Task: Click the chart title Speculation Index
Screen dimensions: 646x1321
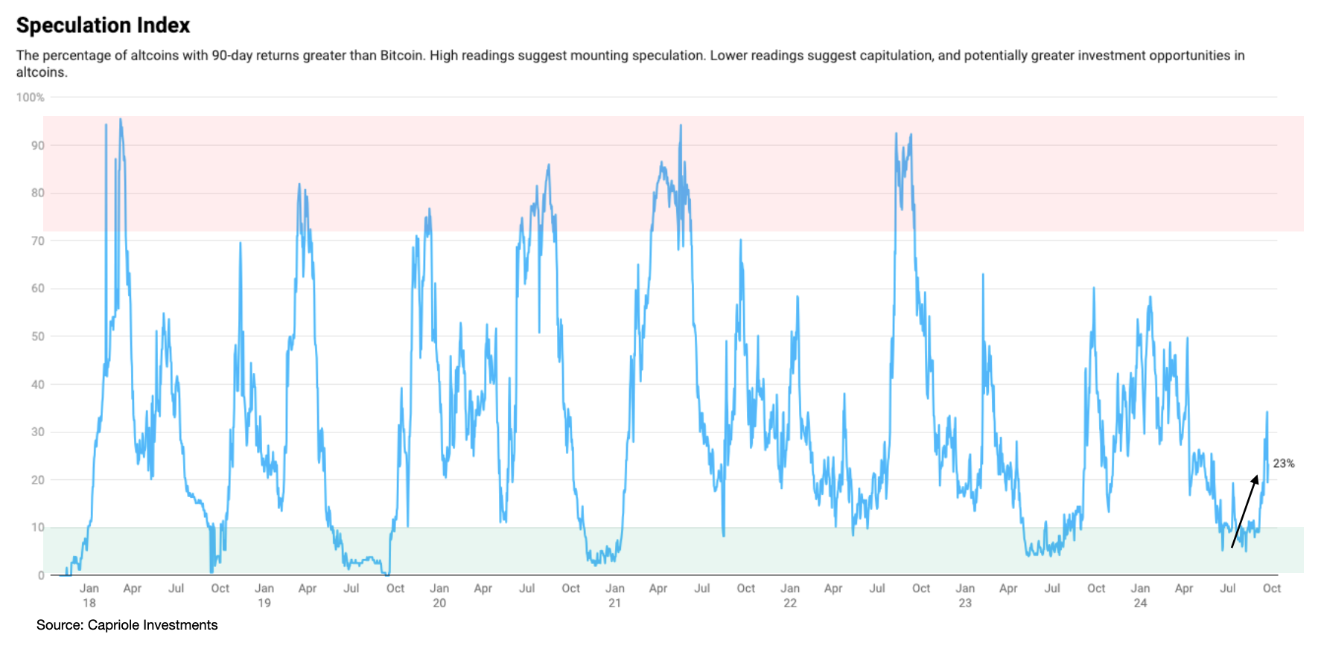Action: (x=103, y=25)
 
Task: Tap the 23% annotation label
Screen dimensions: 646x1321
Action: (x=1283, y=464)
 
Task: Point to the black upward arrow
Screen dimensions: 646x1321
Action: (x=1244, y=511)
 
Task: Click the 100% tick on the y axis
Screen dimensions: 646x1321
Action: (x=31, y=97)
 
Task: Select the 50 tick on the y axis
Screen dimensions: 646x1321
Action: (x=37, y=336)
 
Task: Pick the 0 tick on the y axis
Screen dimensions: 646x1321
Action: (x=41, y=575)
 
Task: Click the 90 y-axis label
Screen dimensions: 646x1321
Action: (x=37, y=146)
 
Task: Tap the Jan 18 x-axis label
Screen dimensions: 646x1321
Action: (x=89, y=595)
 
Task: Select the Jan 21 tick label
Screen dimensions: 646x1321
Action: (x=614, y=595)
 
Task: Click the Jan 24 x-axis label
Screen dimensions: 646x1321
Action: (x=1140, y=595)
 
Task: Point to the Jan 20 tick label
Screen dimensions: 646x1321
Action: (x=439, y=595)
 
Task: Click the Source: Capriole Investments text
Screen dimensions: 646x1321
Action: (x=127, y=625)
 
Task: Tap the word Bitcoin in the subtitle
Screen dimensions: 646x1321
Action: (x=401, y=56)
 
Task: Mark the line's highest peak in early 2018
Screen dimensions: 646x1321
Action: (x=121, y=119)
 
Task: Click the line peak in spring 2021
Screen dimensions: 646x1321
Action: (x=681, y=126)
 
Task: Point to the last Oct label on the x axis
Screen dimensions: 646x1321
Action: (x=1271, y=589)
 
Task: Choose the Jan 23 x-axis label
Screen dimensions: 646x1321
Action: (x=965, y=595)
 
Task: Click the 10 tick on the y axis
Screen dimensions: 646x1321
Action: (x=37, y=528)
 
